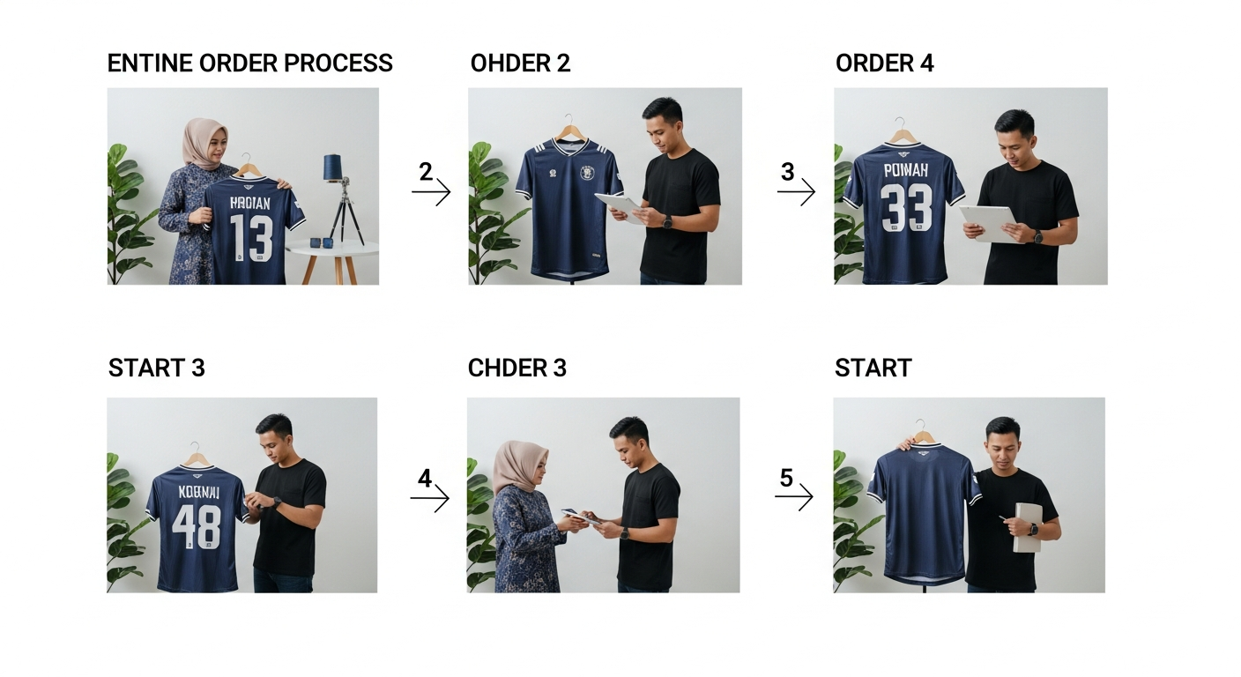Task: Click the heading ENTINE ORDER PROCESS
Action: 249,63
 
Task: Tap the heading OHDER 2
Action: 520,63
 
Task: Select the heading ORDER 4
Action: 884,63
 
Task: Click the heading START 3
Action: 156,368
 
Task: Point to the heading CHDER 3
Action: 516,368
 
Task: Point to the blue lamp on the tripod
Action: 332,167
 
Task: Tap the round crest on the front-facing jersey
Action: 587,173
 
